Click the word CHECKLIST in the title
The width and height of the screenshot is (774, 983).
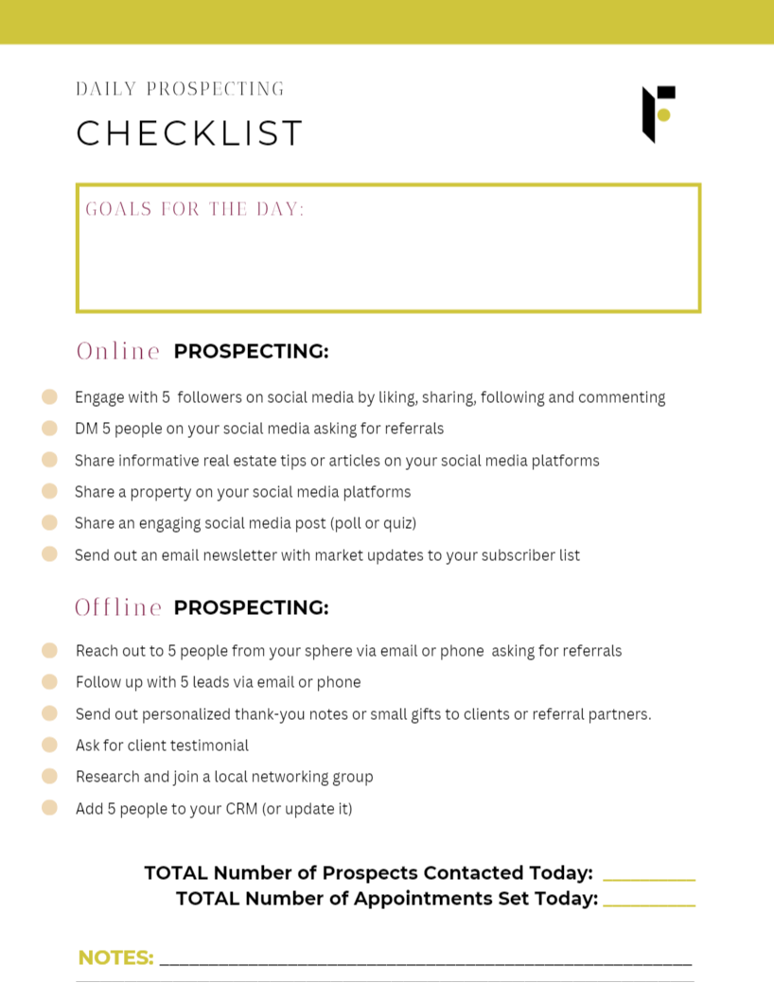(189, 133)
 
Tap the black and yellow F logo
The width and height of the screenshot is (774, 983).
(659, 114)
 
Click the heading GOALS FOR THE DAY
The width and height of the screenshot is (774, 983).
(195, 209)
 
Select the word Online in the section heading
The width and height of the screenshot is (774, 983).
(118, 351)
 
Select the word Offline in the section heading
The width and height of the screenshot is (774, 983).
(119, 607)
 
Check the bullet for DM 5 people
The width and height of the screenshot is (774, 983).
(50, 429)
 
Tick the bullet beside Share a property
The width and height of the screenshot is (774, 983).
(50, 491)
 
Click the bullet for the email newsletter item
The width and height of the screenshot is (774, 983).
(50, 554)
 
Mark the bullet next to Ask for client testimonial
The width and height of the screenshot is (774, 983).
(50, 745)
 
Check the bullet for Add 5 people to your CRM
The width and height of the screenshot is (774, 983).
(50, 808)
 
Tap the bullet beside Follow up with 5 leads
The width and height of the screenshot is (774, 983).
(50, 681)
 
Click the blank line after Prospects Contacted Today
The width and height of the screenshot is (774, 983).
(648, 878)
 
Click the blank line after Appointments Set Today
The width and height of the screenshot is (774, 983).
(648, 904)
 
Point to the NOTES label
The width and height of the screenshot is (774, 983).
(115, 957)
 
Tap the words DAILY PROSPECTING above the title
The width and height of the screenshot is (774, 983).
(180, 90)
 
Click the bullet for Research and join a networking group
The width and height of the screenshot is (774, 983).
(50, 776)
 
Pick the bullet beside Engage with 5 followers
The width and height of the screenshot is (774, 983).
(50, 397)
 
